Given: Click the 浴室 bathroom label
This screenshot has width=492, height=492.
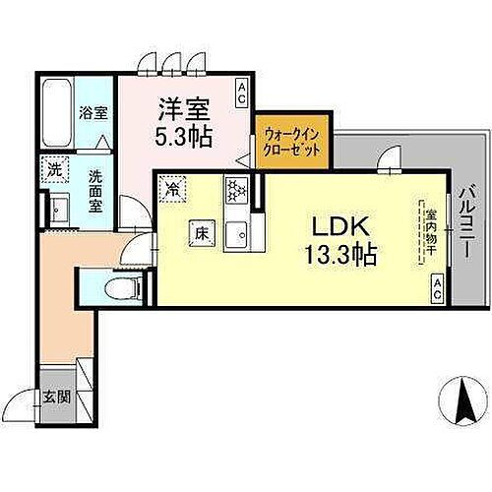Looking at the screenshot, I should (x=94, y=112).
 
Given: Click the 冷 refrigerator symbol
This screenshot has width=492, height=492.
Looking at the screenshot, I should (x=174, y=186).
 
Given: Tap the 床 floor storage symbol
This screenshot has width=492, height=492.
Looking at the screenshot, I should (x=200, y=233).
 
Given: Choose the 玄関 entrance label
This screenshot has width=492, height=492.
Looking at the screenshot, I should (x=55, y=398).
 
